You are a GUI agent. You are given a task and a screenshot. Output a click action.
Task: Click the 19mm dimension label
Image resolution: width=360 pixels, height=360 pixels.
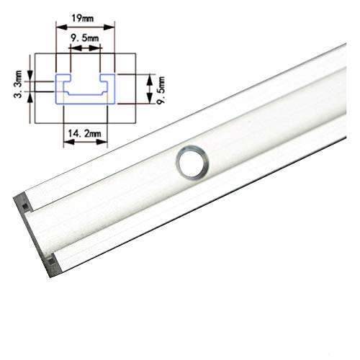(x=82, y=19)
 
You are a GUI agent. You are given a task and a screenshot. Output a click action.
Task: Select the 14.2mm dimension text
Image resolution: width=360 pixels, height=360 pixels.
(x=84, y=133)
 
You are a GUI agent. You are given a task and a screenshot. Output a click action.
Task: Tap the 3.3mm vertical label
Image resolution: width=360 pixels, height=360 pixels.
(x=18, y=84)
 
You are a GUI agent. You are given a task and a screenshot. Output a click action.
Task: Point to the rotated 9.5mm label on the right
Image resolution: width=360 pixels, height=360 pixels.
(x=161, y=90)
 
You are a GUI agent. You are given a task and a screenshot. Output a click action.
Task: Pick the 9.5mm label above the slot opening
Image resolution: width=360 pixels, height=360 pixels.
(x=84, y=38)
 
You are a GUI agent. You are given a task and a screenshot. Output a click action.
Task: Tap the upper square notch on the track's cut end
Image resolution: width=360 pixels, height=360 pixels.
(x=24, y=207)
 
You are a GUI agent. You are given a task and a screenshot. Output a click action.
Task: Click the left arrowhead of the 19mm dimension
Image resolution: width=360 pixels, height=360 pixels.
(x=61, y=27)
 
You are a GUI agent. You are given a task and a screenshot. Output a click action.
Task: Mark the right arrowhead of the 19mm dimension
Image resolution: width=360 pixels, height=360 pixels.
(x=109, y=27)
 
